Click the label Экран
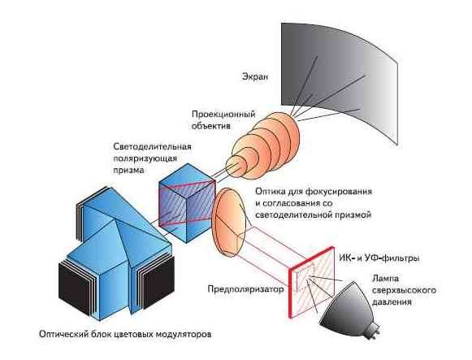[254, 77]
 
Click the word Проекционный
[223, 115]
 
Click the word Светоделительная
[152, 146]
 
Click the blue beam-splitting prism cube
[187, 203]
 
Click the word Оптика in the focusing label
[270, 192]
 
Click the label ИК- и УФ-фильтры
[379, 258]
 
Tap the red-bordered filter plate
[312, 282]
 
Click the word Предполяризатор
[245, 289]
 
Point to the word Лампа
[385, 279]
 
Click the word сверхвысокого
[404, 290]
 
